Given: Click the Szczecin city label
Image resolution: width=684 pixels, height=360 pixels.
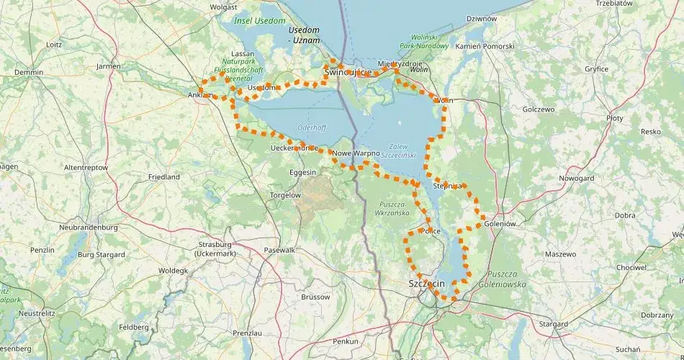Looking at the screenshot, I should (426, 284).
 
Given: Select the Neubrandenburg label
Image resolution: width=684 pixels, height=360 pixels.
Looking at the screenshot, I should (88, 227).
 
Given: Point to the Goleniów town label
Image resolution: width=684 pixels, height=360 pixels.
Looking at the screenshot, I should (501, 223).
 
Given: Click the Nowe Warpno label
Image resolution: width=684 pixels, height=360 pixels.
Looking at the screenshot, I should (356, 153).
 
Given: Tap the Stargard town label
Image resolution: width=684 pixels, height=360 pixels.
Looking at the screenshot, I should (553, 325).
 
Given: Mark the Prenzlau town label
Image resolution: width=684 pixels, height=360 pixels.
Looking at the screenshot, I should (247, 333).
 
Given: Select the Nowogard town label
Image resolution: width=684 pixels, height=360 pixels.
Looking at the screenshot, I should (577, 177).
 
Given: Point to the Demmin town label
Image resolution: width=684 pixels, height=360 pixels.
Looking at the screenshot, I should (29, 73).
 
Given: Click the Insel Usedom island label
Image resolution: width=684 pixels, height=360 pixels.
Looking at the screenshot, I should (260, 21).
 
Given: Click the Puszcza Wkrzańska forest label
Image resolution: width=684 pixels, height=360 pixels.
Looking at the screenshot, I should (392, 209).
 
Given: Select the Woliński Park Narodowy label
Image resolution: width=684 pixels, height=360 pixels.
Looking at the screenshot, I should (428, 41).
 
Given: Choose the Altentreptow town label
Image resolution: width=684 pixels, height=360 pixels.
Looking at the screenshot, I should (86, 167).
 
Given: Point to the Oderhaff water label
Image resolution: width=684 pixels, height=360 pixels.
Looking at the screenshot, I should (312, 127).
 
